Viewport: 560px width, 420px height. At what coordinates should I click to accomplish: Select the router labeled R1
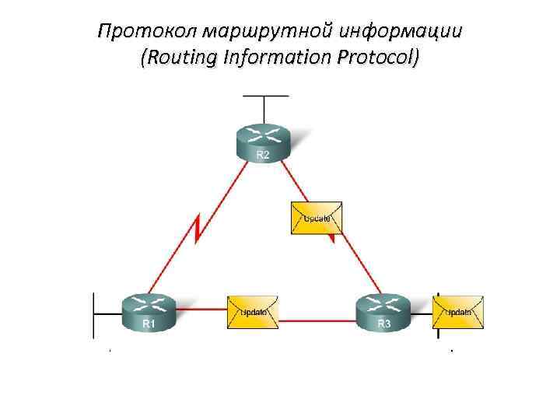(x=149, y=311)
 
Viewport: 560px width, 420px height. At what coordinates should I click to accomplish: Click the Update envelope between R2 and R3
(x=315, y=218)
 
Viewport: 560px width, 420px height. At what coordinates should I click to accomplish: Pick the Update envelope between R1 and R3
(x=254, y=311)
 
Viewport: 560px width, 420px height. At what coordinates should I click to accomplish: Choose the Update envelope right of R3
(x=458, y=311)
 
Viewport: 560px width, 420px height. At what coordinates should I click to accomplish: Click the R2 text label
(x=264, y=156)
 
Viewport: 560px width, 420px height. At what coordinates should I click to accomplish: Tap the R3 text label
(x=383, y=323)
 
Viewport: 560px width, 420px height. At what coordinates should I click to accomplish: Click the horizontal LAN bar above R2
(x=265, y=96)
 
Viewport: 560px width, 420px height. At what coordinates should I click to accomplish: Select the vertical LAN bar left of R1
(x=93, y=314)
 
